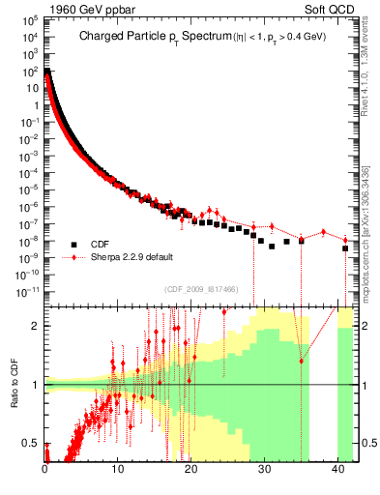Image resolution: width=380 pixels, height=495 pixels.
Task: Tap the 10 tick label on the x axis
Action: click(118, 471)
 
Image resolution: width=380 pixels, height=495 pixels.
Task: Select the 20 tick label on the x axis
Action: click(190, 471)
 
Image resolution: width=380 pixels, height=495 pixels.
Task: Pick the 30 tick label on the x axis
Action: click(264, 471)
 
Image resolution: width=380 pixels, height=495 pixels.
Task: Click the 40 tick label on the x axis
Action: click(336, 471)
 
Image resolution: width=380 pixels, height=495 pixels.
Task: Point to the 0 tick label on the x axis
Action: click(45, 471)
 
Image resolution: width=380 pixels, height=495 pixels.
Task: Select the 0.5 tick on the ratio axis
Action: click(32, 443)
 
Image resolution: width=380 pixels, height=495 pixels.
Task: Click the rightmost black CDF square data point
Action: click(345, 249)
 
